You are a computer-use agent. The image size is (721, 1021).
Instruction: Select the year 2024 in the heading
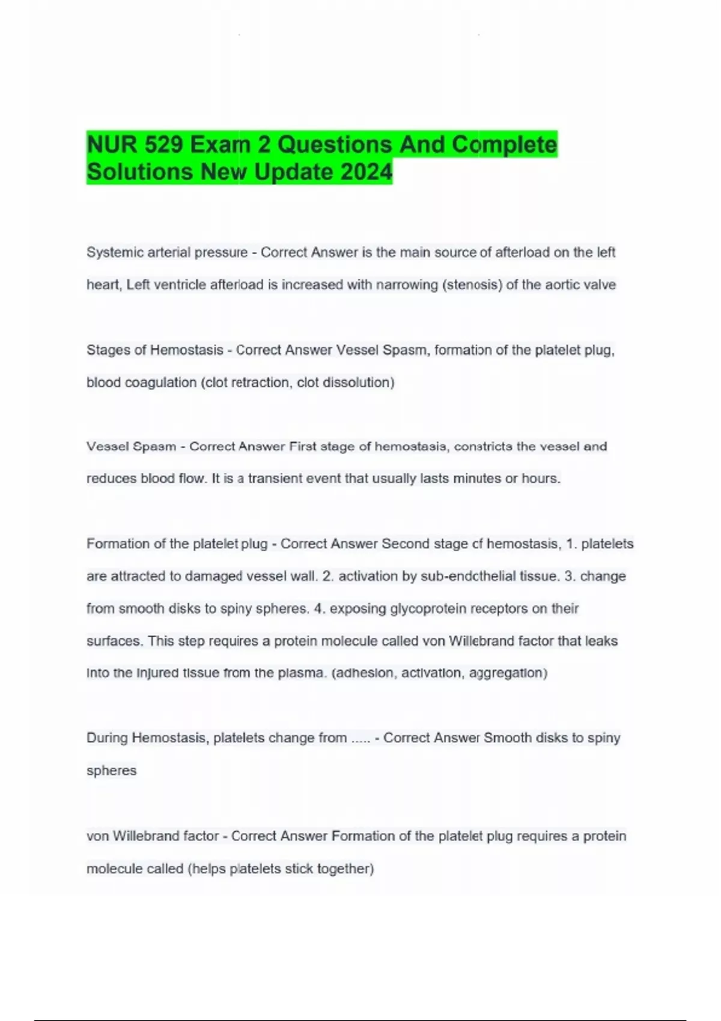click(x=367, y=172)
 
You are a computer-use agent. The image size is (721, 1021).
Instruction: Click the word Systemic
click(x=109, y=252)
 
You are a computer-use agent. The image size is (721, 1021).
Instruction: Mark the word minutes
click(x=472, y=479)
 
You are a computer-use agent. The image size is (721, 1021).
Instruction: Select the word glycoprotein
click(x=428, y=608)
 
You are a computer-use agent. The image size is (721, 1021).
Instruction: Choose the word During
click(x=107, y=738)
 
